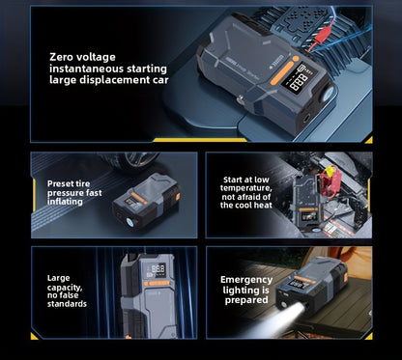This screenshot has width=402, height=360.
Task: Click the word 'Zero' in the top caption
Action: tap(65, 57)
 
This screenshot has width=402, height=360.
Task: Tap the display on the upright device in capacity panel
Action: tap(158, 269)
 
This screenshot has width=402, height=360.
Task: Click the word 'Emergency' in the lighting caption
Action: tap(246, 280)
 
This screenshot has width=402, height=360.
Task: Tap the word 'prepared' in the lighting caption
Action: tap(246, 300)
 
